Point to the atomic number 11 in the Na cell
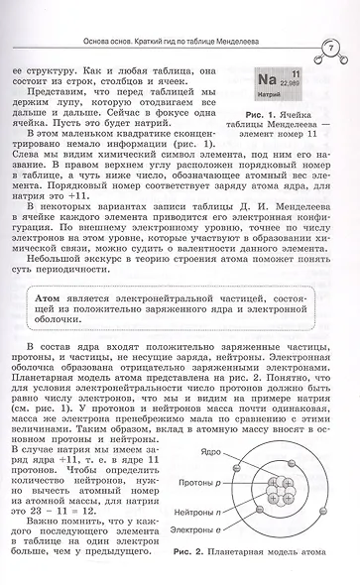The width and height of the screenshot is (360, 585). tap(295, 74)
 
